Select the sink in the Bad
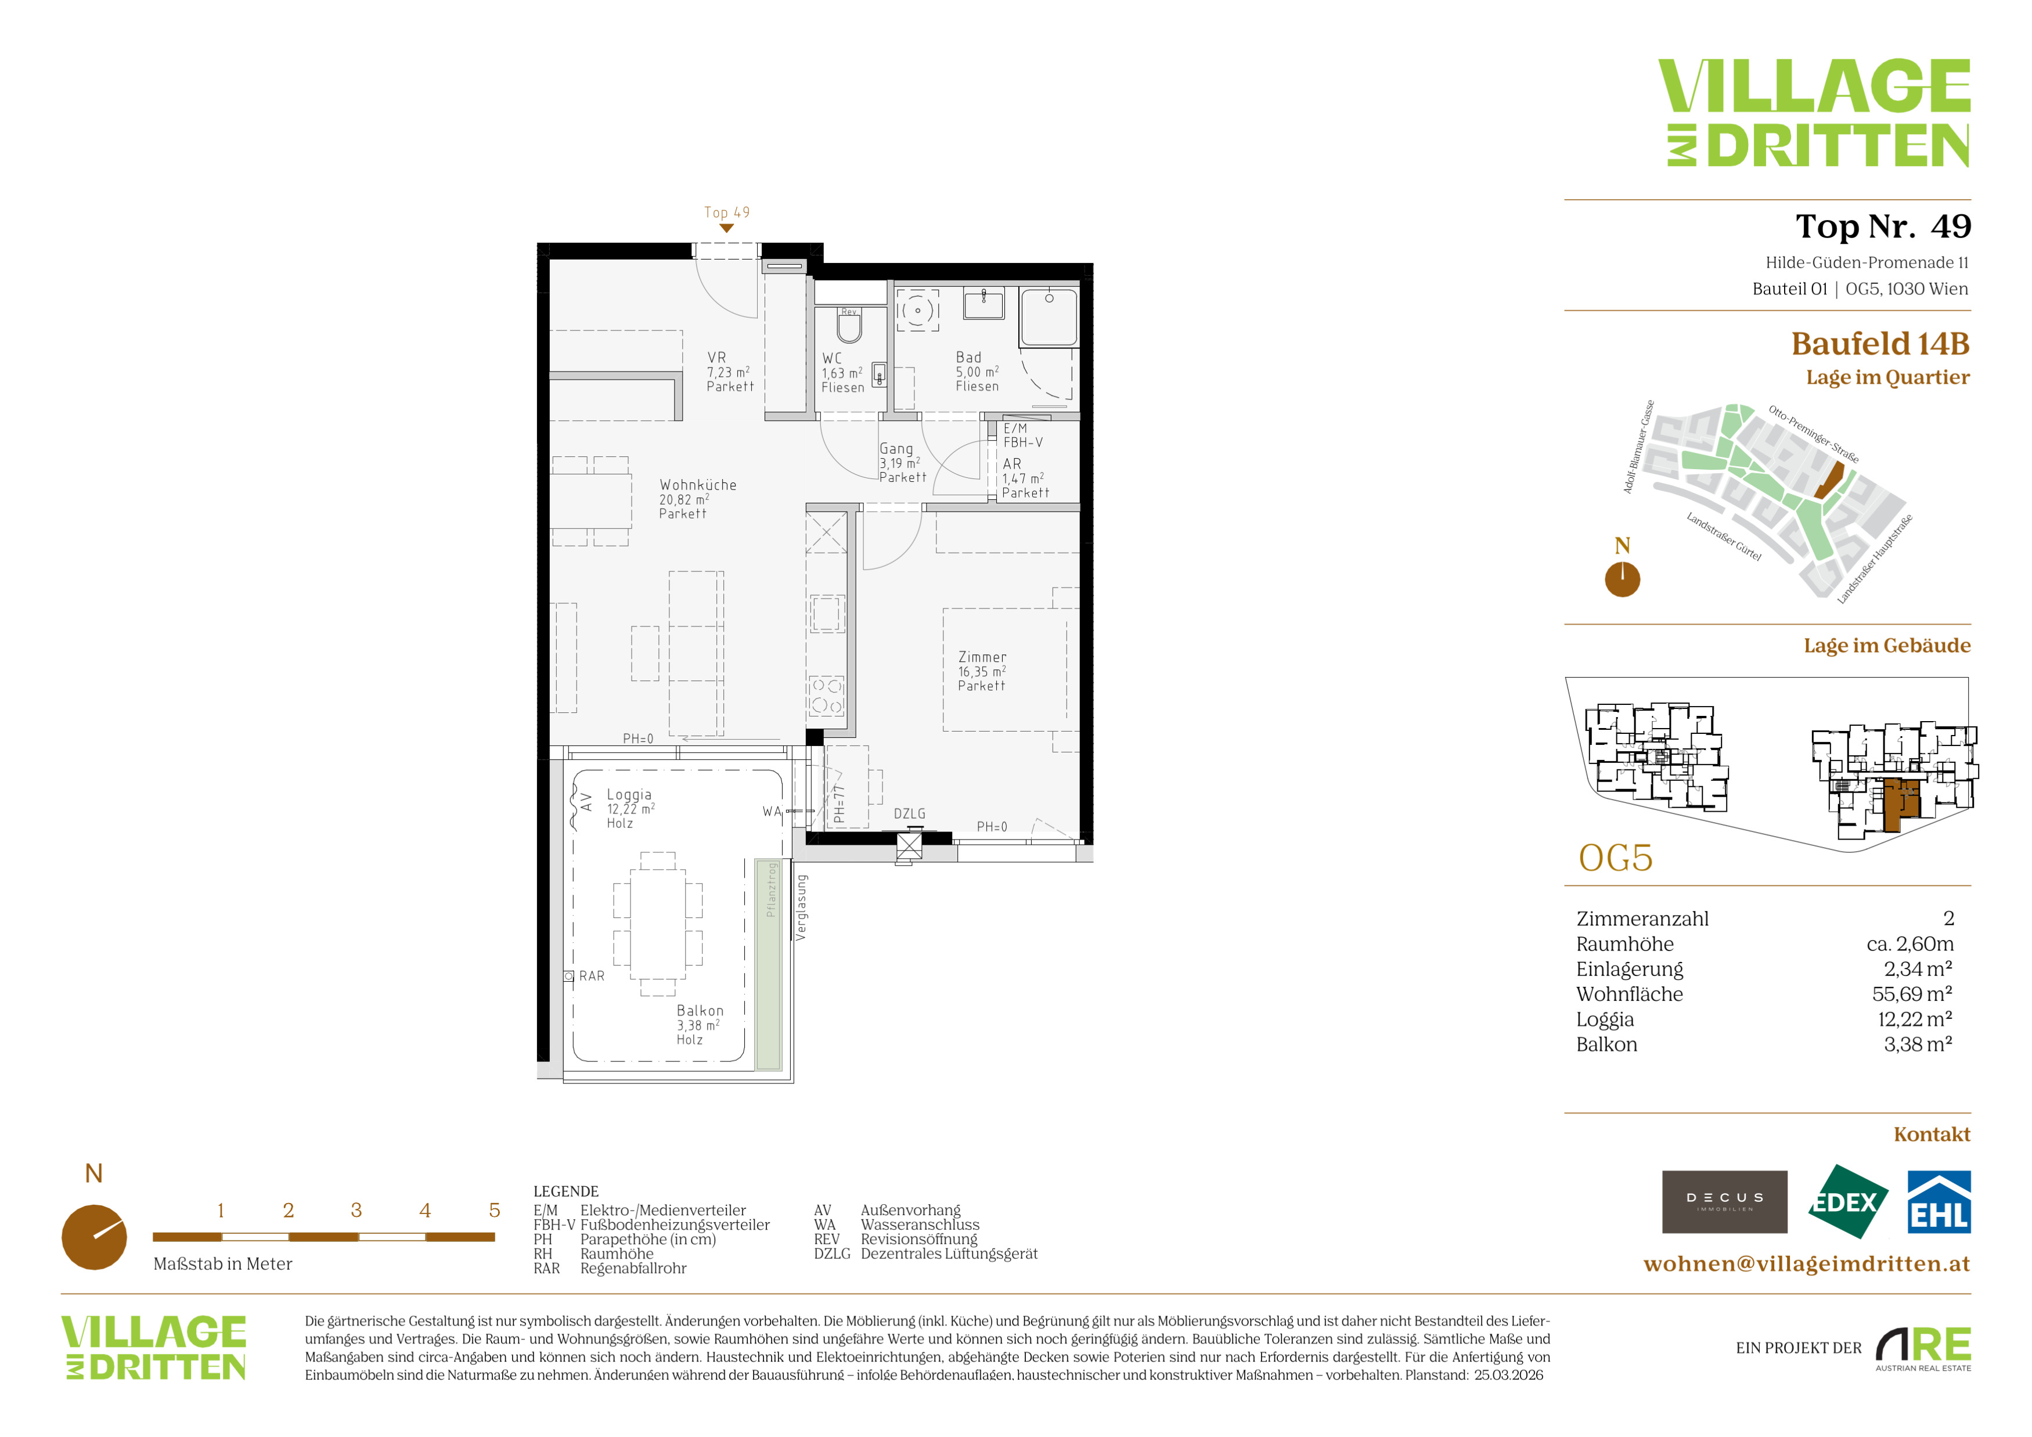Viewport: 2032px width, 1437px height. click(x=984, y=304)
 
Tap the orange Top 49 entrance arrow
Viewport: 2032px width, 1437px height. click(x=727, y=228)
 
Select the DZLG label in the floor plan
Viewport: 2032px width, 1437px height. click(x=910, y=814)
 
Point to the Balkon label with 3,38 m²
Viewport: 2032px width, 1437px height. click(x=699, y=1025)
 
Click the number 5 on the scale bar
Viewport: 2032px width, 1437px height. click(x=495, y=1211)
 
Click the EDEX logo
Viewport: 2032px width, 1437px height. click(x=1847, y=1202)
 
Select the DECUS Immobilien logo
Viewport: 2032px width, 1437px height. click(x=1724, y=1202)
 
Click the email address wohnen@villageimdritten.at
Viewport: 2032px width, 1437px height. click(x=1806, y=1263)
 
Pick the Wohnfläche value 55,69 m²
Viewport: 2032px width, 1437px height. click(x=1912, y=993)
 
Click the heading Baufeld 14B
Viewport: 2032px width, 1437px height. click(x=1880, y=343)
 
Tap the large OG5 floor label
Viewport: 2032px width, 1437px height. click(x=1616, y=858)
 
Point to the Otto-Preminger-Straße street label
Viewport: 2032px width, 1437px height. click(x=1813, y=434)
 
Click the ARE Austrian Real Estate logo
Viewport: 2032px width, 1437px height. click(x=1923, y=1349)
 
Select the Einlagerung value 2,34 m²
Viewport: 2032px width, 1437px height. click(x=1918, y=969)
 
